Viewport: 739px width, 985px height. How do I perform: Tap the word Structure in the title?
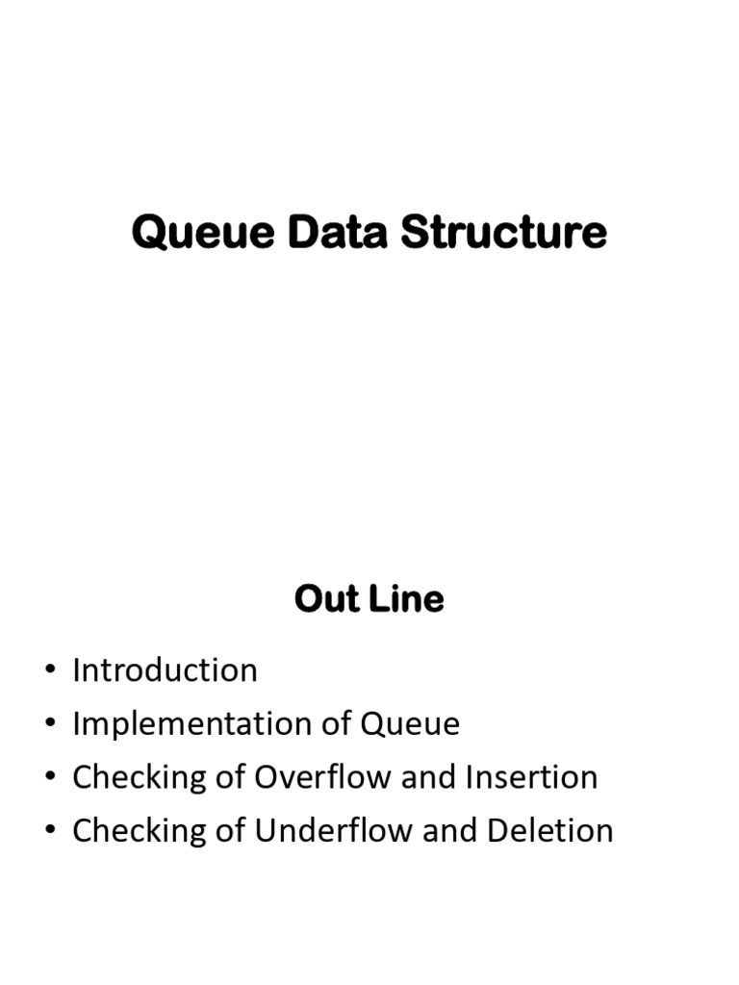(x=503, y=234)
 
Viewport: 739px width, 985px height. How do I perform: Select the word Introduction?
(x=165, y=670)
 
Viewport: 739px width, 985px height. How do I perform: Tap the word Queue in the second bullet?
(x=411, y=723)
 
